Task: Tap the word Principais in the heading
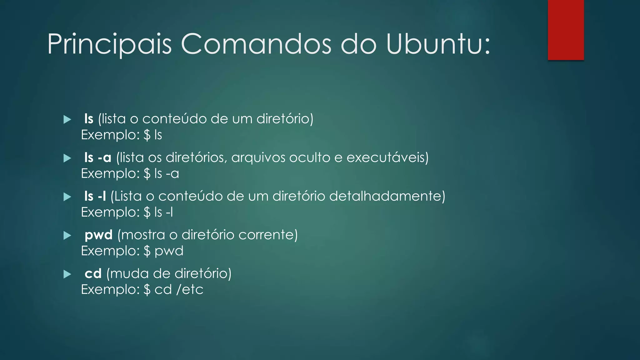109,45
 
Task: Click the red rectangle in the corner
566,30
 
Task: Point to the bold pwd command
98,235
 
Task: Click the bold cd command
93,274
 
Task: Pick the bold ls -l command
95,196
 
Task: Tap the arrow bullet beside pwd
67,235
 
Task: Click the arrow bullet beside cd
67,274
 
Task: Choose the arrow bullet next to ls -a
67,158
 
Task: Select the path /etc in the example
190,290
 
